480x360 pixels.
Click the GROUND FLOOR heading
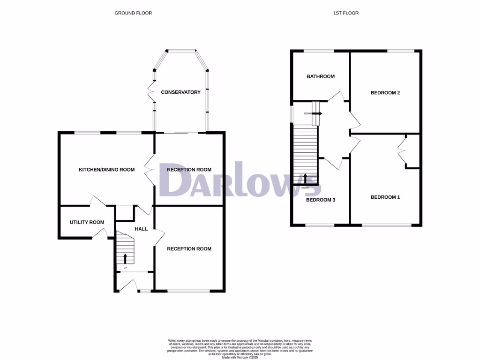(133, 13)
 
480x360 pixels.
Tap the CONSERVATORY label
(180, 92)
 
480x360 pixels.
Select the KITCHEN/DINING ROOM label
(106, 170)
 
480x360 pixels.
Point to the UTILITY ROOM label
(87, 222)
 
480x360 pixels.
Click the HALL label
(141, 229)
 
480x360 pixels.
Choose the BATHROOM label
(321, 76)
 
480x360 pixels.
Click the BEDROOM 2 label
(385, 93)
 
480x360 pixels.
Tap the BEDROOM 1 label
(385, 197)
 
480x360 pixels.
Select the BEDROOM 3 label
(321, 200)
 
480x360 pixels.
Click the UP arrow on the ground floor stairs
(125, 258)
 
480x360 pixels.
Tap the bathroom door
(337, 97)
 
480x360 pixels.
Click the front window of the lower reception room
(189, 291)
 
